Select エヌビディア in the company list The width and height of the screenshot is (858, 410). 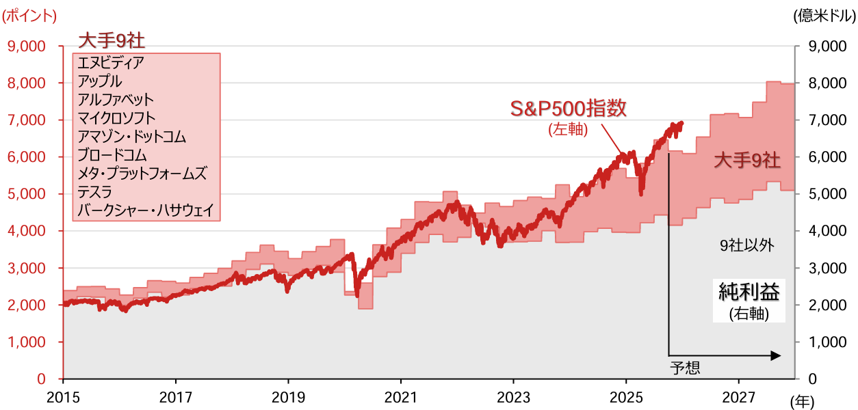[x=111, y=63]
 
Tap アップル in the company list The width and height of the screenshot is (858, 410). [x=100, y=81]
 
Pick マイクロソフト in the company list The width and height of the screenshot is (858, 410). [x=116, y=118]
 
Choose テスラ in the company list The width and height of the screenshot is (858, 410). [x=95, y=191]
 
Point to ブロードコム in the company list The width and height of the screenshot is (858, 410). [x=112, y=155]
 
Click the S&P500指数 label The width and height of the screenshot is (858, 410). [x=570, y=108]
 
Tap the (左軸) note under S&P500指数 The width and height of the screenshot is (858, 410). [x=568, y=128]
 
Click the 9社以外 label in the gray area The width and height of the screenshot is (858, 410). [x=746, y=246]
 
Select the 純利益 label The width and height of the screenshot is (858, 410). [x=749, y=292]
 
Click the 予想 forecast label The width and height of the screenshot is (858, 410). [x=684, y=369]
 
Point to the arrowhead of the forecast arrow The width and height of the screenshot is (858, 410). [x=776, y=355]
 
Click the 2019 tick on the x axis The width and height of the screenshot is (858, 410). [x=288, y=396]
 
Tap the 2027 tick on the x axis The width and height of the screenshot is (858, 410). [x=738, y=396]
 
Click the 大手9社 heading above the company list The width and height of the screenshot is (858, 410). [x=112, y=40]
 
